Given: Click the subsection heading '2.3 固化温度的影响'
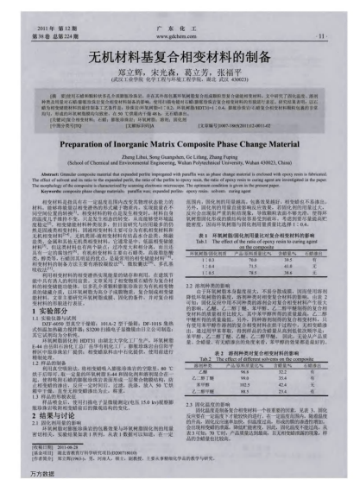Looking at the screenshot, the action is click(x=211, y=377).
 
